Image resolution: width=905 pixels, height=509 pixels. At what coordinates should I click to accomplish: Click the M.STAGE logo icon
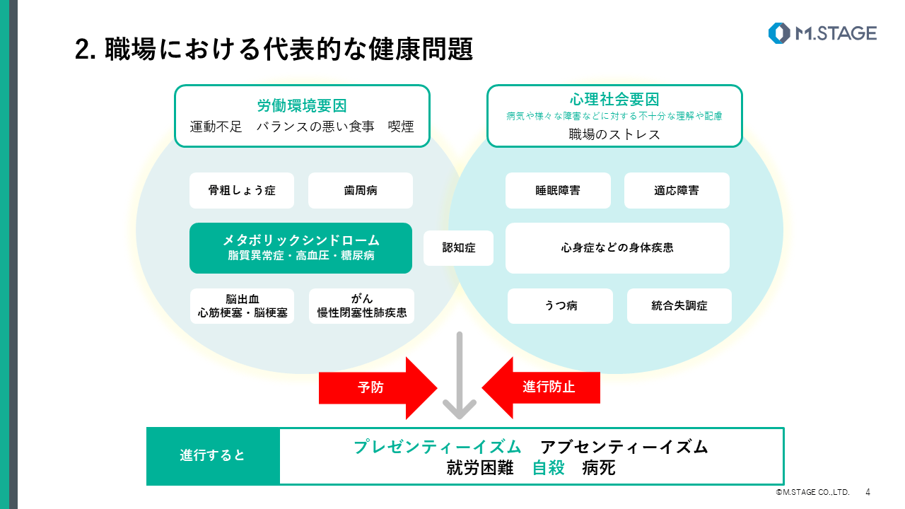(x=779, y=33)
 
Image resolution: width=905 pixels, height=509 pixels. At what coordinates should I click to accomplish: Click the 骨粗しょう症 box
(x=242, y=190)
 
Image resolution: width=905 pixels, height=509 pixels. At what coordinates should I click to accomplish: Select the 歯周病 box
(x=361, y=190)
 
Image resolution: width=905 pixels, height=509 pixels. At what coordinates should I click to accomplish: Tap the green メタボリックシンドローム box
(x=300, y=248)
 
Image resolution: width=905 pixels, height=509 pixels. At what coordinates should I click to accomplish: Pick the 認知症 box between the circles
(x=459, y=248)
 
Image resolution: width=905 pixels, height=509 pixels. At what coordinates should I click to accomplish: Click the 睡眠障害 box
(x=558, y=190)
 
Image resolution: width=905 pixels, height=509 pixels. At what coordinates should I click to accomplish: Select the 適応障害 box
(x=677, y=190)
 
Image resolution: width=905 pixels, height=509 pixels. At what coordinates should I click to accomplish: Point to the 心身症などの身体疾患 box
(x=617, y=248)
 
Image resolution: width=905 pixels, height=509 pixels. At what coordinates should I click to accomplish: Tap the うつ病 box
(x=561, y=306)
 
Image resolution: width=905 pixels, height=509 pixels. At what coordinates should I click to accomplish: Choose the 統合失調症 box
(x=679, y=306)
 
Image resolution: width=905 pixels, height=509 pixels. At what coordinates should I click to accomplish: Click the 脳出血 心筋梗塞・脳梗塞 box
(x=243, y=306)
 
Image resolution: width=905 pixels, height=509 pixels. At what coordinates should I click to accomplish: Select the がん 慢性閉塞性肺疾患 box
(x=361, y=306)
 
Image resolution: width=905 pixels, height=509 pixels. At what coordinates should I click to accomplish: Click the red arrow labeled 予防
(x=378, y=387)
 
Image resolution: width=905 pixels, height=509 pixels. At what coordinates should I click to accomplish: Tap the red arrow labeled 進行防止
(x=542, y=387)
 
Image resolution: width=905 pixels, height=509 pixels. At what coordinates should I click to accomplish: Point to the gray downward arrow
(x=459, y=375)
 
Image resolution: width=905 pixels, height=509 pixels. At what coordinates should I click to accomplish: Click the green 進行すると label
(x=213, y=456)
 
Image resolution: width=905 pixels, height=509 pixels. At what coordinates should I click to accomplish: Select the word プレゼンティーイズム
(x=438, y=447)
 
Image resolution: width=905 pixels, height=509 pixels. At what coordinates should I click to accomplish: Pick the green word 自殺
(x=549, y=468)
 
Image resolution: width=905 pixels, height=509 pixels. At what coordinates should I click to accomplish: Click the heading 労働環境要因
(x=302, y=106)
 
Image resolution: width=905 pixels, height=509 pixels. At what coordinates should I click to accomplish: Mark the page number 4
(x=868, y=492)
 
